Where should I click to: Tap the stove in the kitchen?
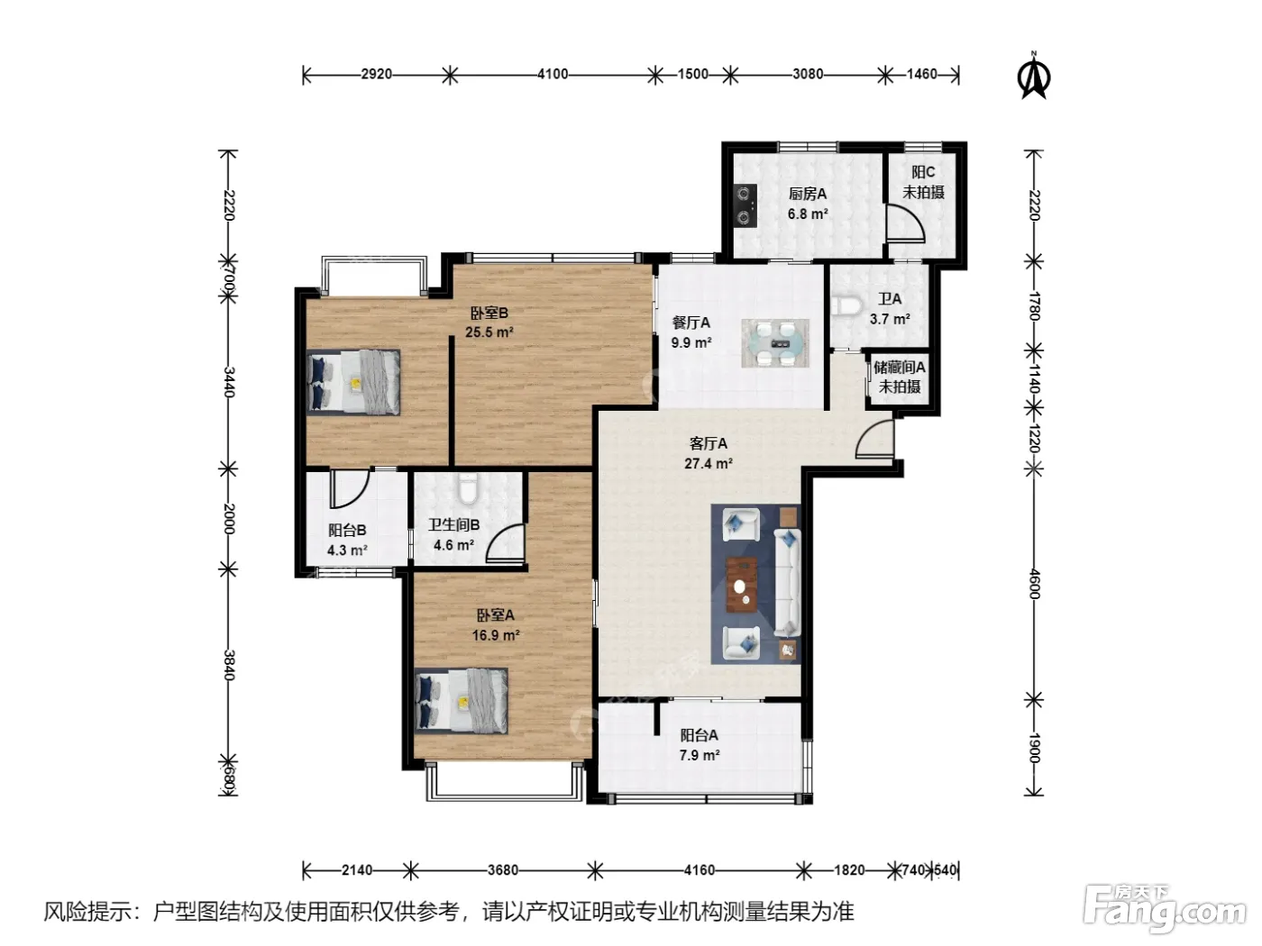coord(745,205)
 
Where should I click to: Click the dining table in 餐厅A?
coord(775,343)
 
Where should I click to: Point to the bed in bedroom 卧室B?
coord(353,381)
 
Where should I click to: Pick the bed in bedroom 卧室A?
coord(462,701)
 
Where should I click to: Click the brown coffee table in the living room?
coord(741,585)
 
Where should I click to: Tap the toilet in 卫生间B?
coord(469,488)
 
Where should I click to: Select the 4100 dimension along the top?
coord(553,74)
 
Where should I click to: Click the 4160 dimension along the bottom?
coord(700,870)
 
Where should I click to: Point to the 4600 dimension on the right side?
coord(1034,584)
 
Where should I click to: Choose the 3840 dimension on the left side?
coord(229,665)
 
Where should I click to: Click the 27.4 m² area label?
coord(709,463)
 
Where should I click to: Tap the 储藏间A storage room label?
coord(900,367)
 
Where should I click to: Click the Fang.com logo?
coord(1165,910)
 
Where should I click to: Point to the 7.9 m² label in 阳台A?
coord(700,755)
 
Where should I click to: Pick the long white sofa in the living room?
coord(787,583)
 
